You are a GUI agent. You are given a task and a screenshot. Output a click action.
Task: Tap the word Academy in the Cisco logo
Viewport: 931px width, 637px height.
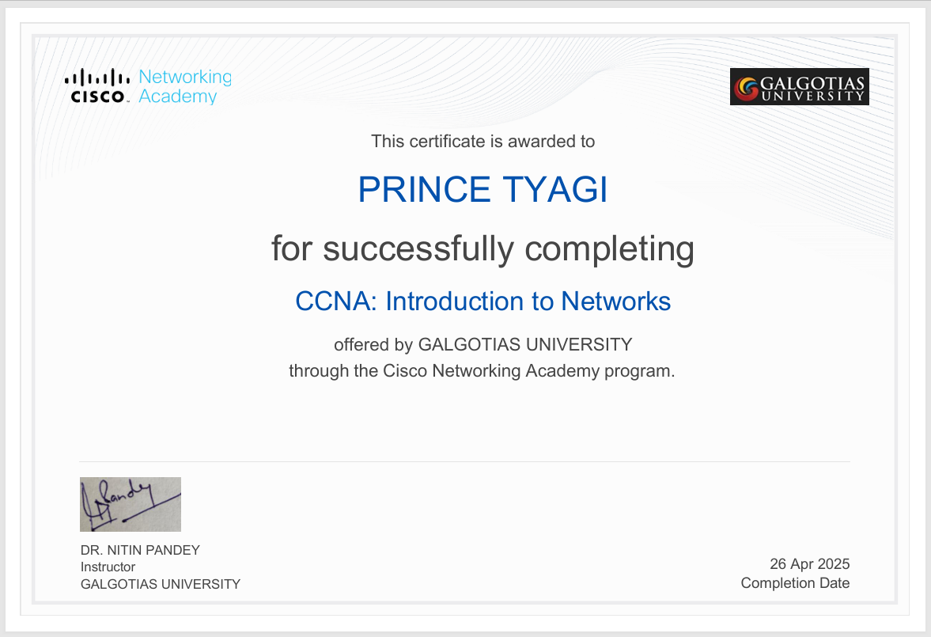(x=177, y=97)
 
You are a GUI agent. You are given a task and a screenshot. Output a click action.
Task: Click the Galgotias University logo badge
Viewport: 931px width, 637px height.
(x=799, y=87)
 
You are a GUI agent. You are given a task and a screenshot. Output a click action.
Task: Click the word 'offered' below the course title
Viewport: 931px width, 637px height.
(x=361, y=345)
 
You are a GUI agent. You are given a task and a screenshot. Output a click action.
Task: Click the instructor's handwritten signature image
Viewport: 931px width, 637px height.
(x=131, y=504)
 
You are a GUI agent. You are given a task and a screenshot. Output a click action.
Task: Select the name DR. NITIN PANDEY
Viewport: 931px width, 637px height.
(x=140, y=550)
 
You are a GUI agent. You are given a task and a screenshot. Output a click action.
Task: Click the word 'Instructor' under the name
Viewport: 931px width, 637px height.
(x=108, y=567)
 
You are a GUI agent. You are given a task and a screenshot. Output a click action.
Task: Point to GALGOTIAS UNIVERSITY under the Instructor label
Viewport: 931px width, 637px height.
(x=160, y=584)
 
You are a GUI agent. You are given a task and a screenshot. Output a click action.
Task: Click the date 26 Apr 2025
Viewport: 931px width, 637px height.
(x=809, y=564)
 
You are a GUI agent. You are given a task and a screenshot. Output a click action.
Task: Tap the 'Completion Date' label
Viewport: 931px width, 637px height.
(x=795, y=583)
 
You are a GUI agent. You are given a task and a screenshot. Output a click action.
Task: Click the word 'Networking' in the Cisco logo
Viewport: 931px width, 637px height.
(x=185, y=78)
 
